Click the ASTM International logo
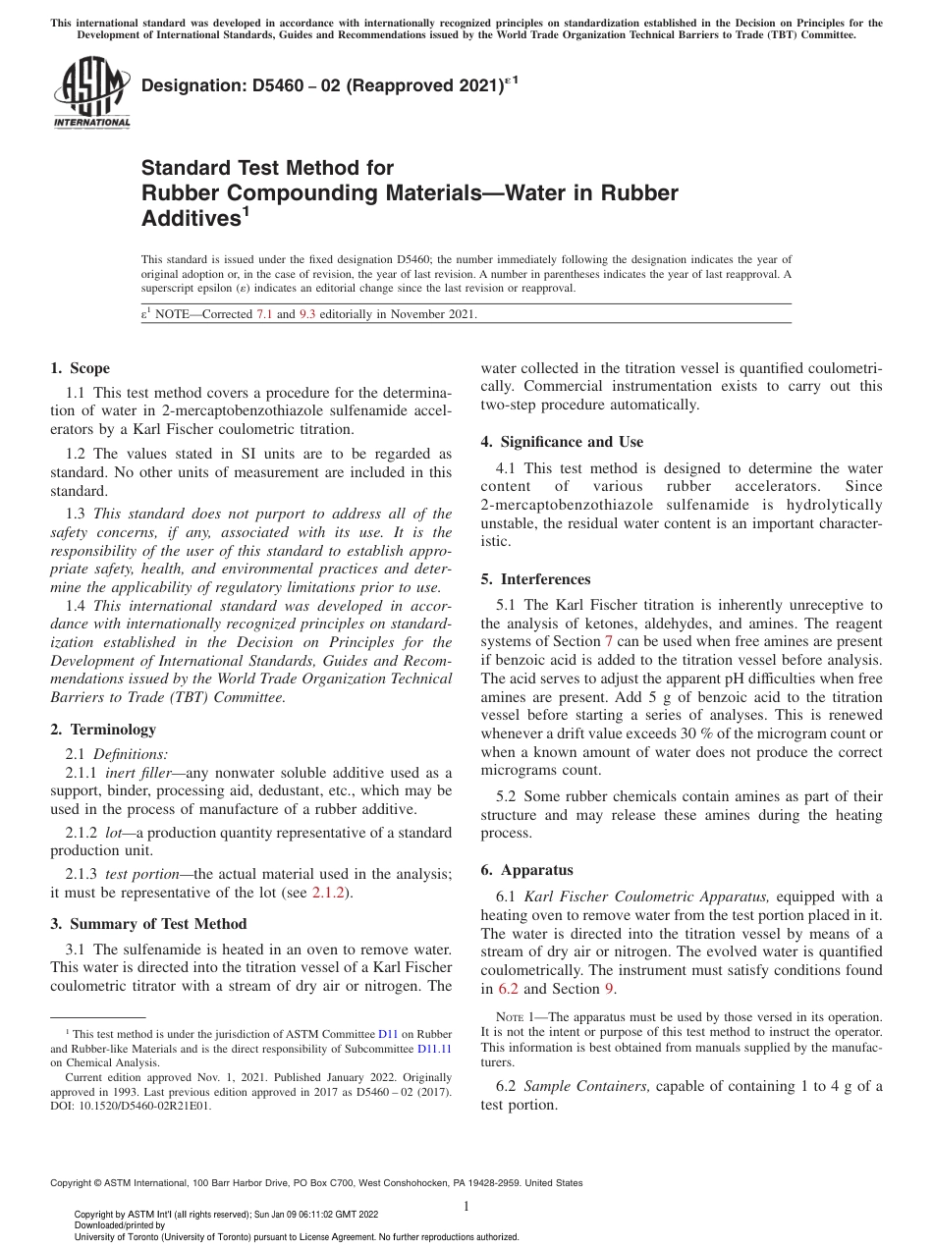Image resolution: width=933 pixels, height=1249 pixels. coord(91,93)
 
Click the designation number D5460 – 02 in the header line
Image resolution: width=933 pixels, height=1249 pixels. coord(278,87)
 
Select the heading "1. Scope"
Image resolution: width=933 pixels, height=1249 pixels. coord(80,368)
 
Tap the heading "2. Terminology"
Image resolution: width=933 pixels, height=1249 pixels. coord(103,730)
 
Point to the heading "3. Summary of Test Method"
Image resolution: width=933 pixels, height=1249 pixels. coord(148,924)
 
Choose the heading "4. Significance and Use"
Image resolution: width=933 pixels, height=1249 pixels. coord(562,442)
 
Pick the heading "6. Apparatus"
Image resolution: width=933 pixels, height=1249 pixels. coord(526,870)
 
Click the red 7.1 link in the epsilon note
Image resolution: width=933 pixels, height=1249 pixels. coord(264,314)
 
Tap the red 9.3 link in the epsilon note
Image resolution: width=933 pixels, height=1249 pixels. coord(306,314)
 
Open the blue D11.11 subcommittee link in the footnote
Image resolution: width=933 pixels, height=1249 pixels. coord(434,1048)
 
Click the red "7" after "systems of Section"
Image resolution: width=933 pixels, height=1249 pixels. coord(608,641)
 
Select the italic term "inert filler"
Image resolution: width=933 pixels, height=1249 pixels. coord(138,774)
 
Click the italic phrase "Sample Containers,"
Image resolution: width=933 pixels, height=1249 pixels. coord(586,1086)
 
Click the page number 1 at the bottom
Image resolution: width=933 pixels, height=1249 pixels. coord(466,1207)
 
